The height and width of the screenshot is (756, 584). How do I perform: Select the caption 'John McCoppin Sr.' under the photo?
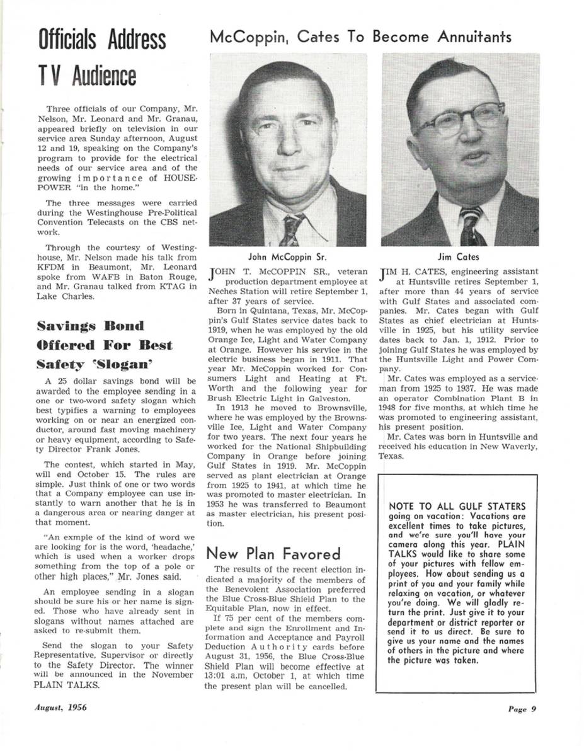[287, 257]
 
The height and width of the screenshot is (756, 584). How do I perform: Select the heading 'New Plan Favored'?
[273, 554]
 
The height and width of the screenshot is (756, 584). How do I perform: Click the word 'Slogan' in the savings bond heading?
[127, 364]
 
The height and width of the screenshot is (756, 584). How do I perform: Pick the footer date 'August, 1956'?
[60, 707]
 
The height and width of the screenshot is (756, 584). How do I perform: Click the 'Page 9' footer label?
[522, 708]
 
